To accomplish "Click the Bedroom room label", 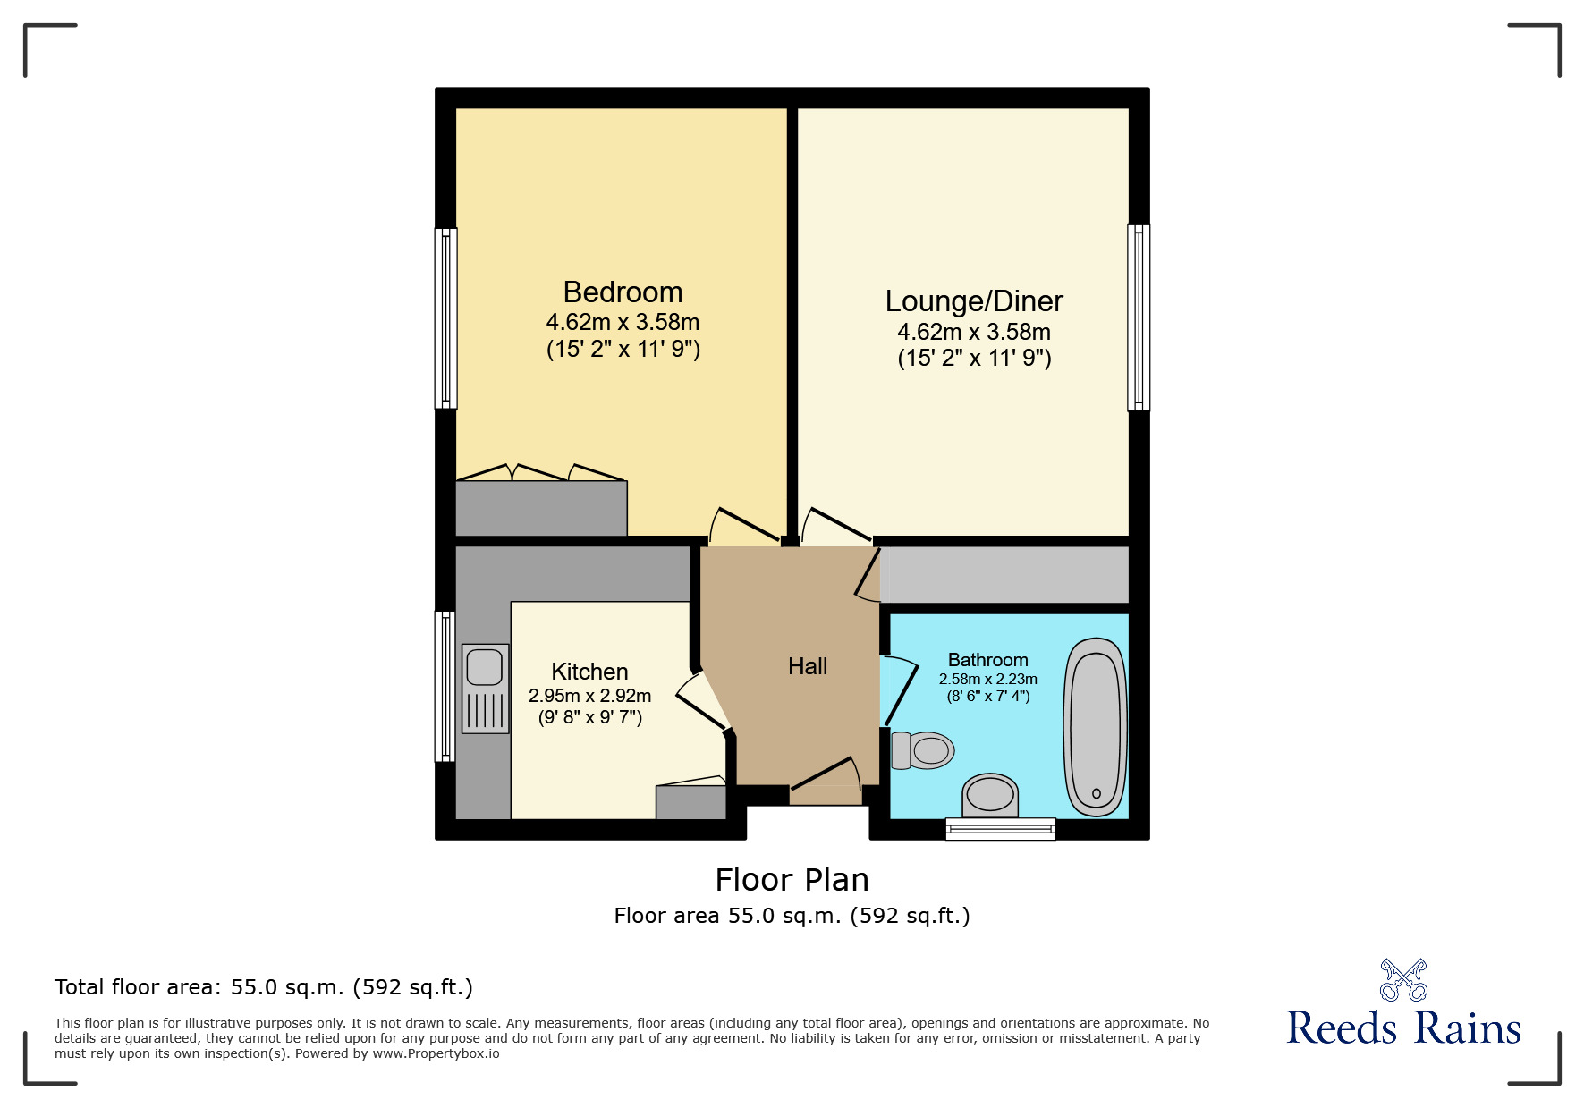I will point(623,292).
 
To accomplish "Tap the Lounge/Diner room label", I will point(974,301).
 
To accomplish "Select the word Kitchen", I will point(589,672).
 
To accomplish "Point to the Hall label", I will point(808,666).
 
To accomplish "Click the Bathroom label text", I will point(987,660).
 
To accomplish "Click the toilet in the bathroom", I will point(924,750).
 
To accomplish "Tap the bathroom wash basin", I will point(990,794).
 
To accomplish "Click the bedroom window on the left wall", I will point(445,318).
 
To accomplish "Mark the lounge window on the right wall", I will point(1139,317).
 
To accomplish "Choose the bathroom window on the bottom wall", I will point(1001,829).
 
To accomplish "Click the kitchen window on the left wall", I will point(445,686).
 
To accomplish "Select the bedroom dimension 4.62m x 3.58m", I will point(623,322).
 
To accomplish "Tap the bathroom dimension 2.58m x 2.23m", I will point(987,680).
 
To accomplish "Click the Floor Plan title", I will point(792,880).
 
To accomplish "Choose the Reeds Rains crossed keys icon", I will point(1403,980).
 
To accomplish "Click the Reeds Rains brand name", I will point(1403,1028).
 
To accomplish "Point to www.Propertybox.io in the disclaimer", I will point(436,1053).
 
